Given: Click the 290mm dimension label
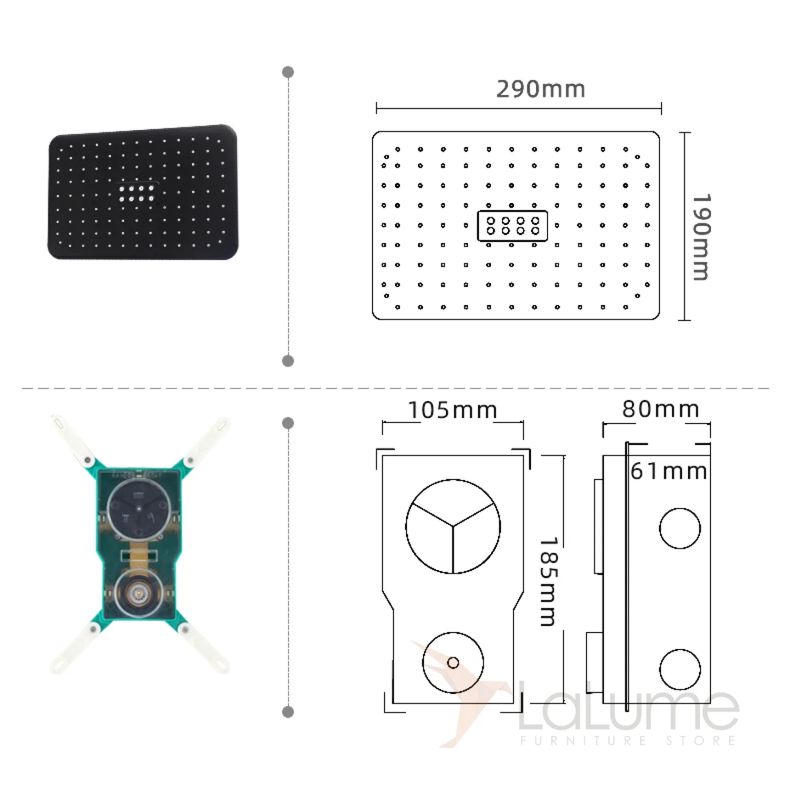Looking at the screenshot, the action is coord(540,89).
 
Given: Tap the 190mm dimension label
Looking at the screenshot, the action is coord(701,238).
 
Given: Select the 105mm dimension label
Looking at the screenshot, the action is coord(453,410).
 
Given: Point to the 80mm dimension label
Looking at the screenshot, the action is coord(661,409).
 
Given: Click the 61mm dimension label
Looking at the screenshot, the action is coord(669,471).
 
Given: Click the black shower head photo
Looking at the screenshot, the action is coord(143,192).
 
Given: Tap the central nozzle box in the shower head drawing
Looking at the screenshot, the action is coord(512,226).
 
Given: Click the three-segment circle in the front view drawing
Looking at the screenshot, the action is coord(453,527).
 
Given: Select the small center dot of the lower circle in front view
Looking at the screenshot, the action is coord(453,663).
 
